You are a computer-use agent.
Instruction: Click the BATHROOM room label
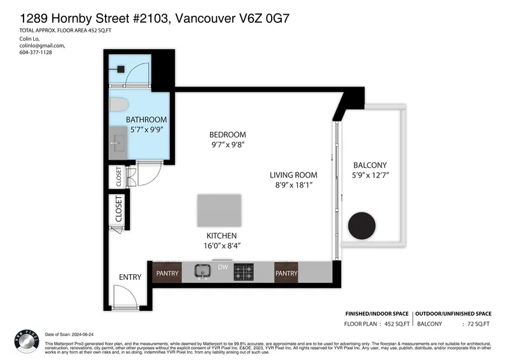coord(146,120)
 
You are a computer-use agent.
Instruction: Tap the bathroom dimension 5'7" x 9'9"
coord(146,130)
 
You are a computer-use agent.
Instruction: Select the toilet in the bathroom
coord(119,105)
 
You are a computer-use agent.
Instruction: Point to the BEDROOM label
coord(227,135)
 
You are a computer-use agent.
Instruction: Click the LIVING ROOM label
coord(293,175)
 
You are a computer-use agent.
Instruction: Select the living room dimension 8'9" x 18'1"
coord(293,185)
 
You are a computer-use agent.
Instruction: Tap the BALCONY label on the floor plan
coord(370,165)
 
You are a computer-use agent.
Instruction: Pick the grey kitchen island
coord(219,211)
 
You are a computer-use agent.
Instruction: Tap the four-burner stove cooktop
coord(243,272)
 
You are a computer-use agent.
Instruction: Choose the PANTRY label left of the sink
coord(167,273)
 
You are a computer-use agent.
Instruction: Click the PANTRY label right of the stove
coord(286,273)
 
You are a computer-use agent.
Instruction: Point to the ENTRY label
coord(130,277)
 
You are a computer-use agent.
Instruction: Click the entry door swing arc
coord(125,296)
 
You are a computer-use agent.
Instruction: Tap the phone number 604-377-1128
coord(36,52)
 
